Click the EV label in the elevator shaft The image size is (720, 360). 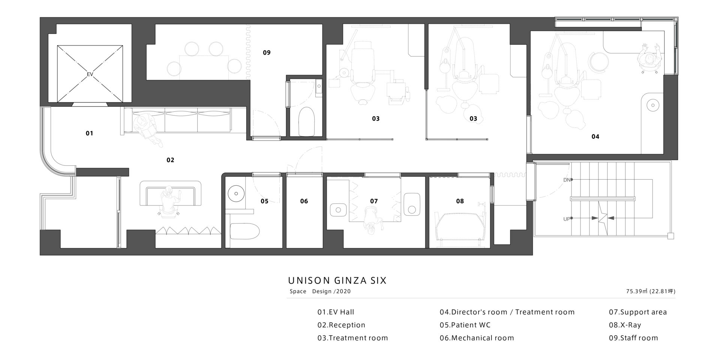90,74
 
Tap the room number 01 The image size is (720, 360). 89,133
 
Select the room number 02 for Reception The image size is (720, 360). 170,160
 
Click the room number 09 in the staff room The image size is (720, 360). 267,52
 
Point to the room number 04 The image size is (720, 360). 595,136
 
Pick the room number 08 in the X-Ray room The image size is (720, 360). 460,201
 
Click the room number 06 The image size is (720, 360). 304,201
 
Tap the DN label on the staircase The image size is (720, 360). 567,180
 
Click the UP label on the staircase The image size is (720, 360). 567,219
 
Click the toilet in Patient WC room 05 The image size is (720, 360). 244,231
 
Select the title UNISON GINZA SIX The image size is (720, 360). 337,280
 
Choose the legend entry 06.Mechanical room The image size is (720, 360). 477,338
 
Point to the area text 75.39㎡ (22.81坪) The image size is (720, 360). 651,291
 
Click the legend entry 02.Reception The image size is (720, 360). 341,325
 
